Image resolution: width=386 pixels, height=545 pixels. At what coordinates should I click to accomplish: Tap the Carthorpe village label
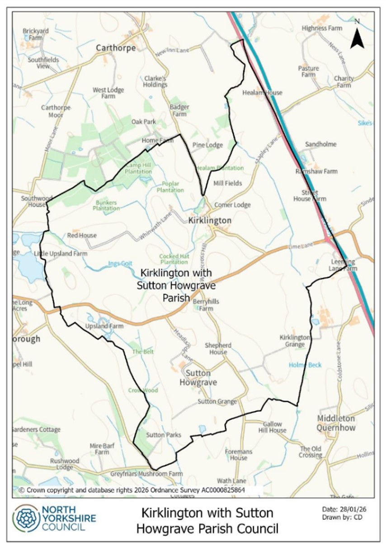[116, 48]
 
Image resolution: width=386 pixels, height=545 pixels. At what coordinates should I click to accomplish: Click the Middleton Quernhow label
[336, 423]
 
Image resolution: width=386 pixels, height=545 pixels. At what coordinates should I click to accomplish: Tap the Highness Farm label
[322, 28]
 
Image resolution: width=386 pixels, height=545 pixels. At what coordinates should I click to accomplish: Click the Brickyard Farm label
[36, 34]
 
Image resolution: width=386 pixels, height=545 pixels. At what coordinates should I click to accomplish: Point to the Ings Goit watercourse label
[119, 264]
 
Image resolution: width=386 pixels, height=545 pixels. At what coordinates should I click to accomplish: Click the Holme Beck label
[305, 365]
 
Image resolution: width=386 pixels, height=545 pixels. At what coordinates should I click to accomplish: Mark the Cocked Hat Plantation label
[174, 259]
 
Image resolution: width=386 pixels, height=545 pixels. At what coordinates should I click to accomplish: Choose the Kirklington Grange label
[295, 341]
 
